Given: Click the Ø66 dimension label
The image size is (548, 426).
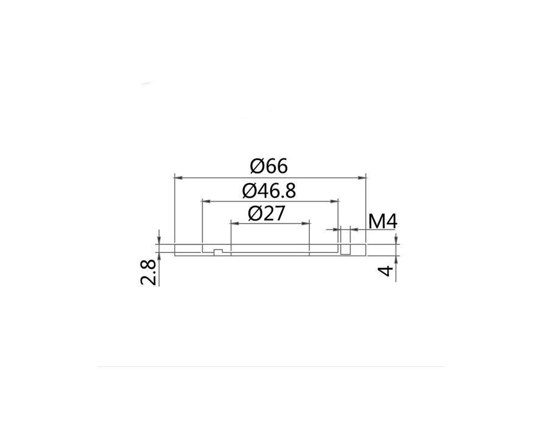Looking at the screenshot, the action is coord(269,166).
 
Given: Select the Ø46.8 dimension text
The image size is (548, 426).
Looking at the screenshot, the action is coord(269,190).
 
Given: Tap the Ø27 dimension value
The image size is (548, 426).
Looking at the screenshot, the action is coord(266,214).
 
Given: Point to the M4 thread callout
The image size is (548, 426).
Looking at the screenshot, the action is coord(383,222).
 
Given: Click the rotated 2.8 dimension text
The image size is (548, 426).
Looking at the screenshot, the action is coord(148,273).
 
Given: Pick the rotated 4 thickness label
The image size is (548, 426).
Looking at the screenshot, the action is coord(386,271).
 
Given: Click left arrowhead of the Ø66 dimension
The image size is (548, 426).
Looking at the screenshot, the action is coord(178,178).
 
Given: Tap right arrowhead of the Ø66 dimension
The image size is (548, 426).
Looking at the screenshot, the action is coord(362,178).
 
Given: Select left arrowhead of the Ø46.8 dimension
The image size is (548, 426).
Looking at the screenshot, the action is coord(206,201).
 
